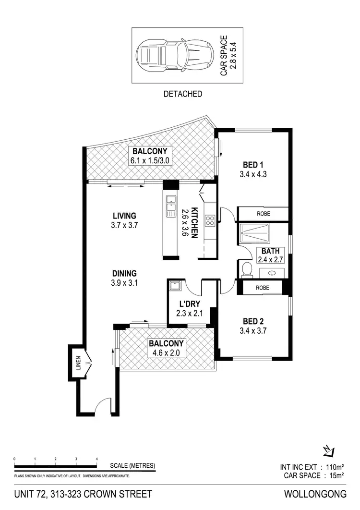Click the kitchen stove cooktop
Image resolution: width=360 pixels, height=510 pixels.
tap(210, 221)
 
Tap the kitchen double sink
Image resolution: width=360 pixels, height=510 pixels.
tap(170, 206)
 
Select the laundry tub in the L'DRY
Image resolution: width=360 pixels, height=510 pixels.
tap(175, 286)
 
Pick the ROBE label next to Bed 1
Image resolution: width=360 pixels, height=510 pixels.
tap(263, 214)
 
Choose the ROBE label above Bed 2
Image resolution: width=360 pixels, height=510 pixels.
tap(263, 288)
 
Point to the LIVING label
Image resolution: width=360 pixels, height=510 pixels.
tap(124, 216)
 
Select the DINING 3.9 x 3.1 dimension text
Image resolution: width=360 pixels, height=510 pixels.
tap(124, 283)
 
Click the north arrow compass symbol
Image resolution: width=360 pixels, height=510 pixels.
tap(328, 450)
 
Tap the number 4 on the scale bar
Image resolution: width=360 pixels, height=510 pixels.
tap(97, 460)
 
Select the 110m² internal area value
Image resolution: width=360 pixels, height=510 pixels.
tap(335, 467)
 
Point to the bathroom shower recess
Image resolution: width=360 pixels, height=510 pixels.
tap(263, 234)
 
